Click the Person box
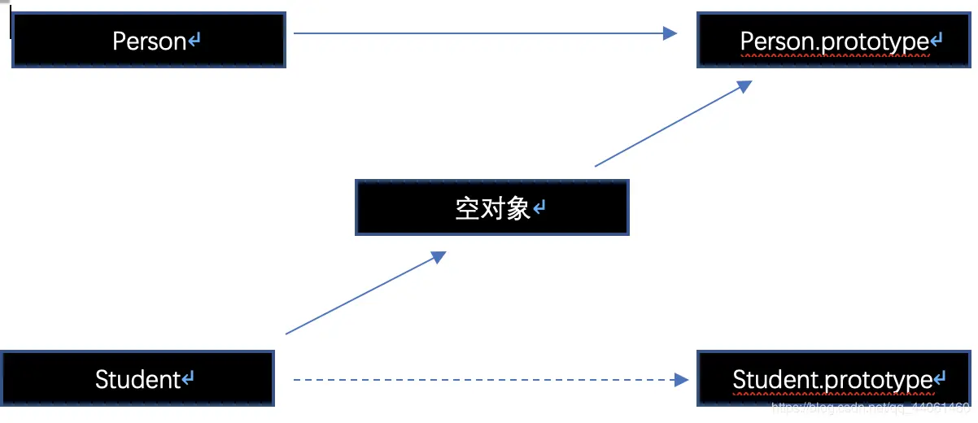point(149,40)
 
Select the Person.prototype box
point(835,40)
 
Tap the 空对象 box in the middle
point(492,208)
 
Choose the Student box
point(138,378)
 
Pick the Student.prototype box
point(835,379)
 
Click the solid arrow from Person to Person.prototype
point(480,33)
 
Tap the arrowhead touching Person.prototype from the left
point(670,33)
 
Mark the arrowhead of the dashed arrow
point(683,379)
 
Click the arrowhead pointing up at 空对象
point(438,257)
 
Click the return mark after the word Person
point(194,41)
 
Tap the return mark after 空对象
point(539,209)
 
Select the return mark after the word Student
point(188,379)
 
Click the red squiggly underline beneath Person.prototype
point(835,56)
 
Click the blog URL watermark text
point(871,406)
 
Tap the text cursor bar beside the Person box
point(11,23)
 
